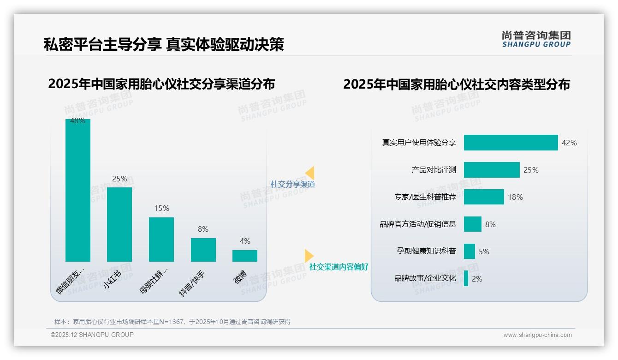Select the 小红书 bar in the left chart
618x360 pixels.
click(x=119, y=224)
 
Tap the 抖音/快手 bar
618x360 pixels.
click(x=203, y=250)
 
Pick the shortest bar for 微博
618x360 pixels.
click(x=245, y=256)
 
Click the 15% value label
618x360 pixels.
click(x=161, y=209)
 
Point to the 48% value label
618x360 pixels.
click(x=77, y=121)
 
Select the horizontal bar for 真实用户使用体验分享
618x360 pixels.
click(x=511, y=143)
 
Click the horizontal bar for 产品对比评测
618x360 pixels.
click(x=492, y=170)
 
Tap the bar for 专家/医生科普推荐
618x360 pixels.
click(x=484, y=197)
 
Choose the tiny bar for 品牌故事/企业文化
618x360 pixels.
click(x=466, y=278)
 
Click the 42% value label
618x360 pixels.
click(x=569, y=143)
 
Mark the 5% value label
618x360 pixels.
click(x=484, y=252)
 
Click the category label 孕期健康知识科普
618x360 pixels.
click(x=426, y=251)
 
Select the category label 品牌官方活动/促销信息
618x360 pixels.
click(x=418, y=224)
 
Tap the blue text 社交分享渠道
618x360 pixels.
click(x=292, y=184)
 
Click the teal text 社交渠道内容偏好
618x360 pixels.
click(x=339, y=267)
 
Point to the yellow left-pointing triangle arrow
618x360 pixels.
click(x=310, y=173)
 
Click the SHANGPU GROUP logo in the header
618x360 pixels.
click(x=536, y=39)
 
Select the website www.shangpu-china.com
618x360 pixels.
click(x=537, y=335)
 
